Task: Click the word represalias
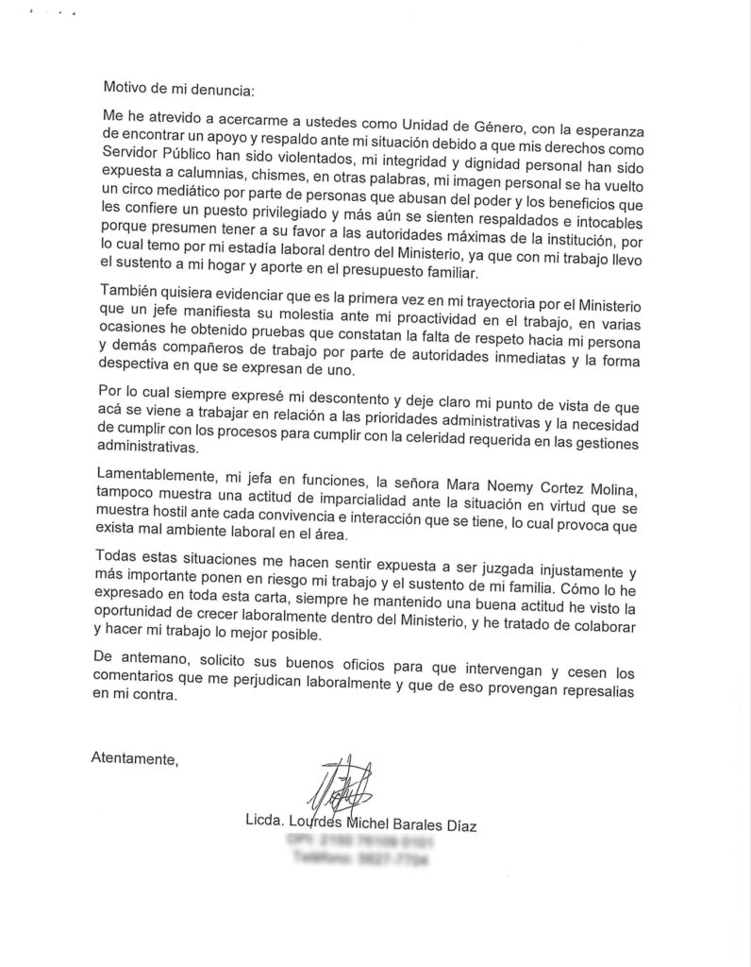coord(585,691)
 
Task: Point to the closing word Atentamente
coord(132,757)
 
